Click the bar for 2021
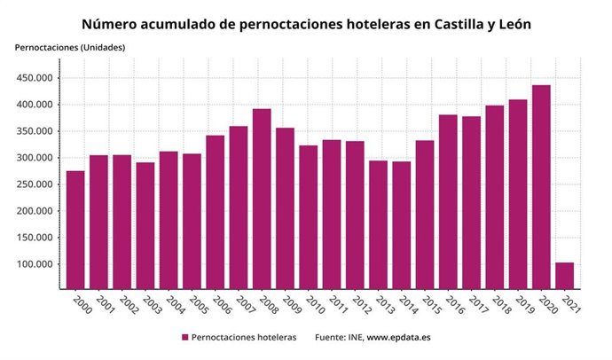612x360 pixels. (x=564, y=275)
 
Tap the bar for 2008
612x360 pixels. (x=262, y=199)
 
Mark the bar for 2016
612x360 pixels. (x=448, y=201)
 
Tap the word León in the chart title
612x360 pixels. (x=510, y=24)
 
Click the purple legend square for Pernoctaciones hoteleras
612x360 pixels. (x=185, y=338)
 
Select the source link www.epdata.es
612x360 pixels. (x=398, y=338)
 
